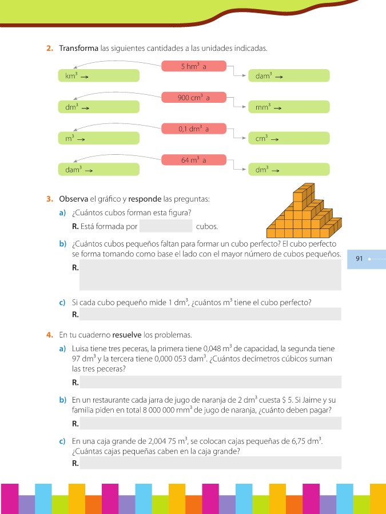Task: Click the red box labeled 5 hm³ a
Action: tap(194, 66)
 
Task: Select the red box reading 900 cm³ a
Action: tap(194, 98)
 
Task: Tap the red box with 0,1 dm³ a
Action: tap(194, 129)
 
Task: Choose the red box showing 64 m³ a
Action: tap(194, 160)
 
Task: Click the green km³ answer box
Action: tap(99, 75)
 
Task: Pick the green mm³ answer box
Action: tap(289, 107)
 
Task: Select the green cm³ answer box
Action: tap(289, 138)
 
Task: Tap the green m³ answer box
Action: tap(99, 138)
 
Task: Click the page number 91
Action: tap(359, 259)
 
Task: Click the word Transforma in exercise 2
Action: tap(78, 48)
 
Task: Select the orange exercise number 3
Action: tap(49, 199)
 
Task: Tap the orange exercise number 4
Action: tap(49, 334)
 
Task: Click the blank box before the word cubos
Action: tap(165, 226)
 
